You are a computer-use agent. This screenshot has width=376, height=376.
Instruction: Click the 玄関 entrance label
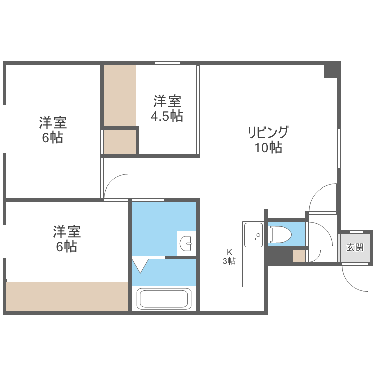click(x=355, y=247)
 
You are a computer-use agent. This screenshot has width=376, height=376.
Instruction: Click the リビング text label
click(x=268, y=133)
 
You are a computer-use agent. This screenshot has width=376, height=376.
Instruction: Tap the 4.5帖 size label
click(x=167, y=116)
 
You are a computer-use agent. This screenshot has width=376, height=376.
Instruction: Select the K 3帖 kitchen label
click(x=229, y=256)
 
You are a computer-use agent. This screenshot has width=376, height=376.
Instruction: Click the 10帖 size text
click(x=268, y=148)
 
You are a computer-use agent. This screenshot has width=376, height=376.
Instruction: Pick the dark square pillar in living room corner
click(x=331, y=70)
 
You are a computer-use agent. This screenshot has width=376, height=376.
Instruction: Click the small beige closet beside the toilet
click(x=299, y=256)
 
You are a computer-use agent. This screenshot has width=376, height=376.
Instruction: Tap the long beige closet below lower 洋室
click(x=67, y=296)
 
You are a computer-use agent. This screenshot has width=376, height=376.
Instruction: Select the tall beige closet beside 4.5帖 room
click(x=120, y=95)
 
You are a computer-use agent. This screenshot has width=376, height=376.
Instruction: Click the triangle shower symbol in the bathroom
click(x=140, y=264)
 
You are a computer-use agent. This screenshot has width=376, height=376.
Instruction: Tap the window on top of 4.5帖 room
click(x=167, y=63)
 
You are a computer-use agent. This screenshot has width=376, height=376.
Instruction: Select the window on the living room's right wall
click(x=339, y=148)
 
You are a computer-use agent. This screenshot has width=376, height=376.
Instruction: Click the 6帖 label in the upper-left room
click(x=53, y=138)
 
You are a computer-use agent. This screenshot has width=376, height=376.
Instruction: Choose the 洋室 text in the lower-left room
click(x=67, y=232)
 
